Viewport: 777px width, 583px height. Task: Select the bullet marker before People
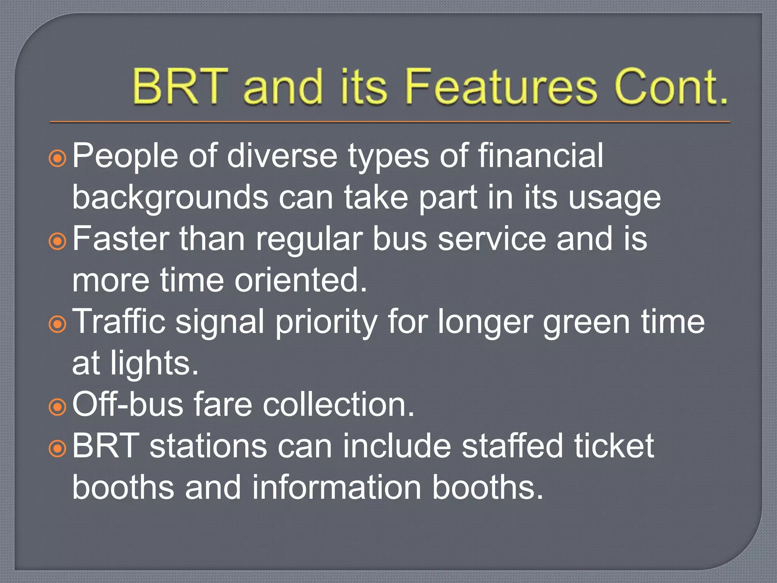pos(58,158)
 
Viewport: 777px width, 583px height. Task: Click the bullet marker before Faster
pos(58,241)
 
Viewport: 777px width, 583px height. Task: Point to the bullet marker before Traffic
pos(58,324)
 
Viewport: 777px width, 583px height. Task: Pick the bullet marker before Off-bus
pos(58,407)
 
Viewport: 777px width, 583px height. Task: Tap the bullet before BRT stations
pos(58,448)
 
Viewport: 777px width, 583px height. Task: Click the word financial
pos(540,156)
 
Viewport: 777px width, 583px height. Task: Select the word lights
pos(154,364)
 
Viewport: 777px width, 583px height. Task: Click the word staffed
pos(512,446)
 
